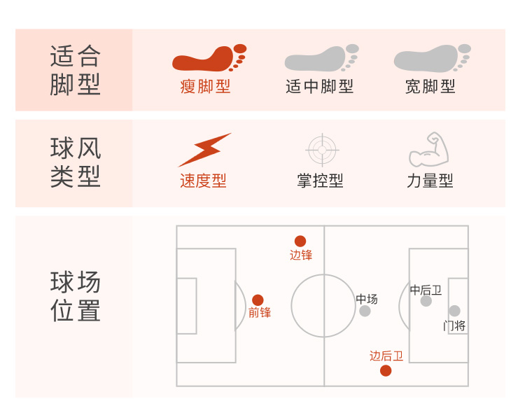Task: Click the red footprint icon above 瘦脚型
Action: [x=209, y=59]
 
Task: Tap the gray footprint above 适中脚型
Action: [x=321, y=59]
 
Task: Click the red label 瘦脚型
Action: [x=205, y=87]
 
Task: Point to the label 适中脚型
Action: [x=319, y=87]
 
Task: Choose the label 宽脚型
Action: [x=430, y=87]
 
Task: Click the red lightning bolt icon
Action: [x=204, y=149]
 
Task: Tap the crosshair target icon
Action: [x=322, y=149]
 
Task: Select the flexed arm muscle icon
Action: [x=429, y=149]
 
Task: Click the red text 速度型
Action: [x=203, y=181]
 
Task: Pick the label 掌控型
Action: [x=320, y=181]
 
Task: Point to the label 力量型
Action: [x=430, y=181]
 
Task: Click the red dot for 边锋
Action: [x=300, y=241]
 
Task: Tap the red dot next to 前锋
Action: [x=258, y=300]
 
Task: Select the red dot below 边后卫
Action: [x=386, y=370]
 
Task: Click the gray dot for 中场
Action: [x=365, y=311]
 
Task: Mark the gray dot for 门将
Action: [x=454, y=311]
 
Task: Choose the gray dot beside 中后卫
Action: [x=426, y=301]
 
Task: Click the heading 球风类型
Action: [x=75, y=162]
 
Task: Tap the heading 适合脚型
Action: [x=75, y=70]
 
